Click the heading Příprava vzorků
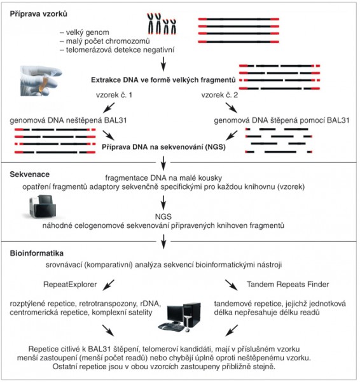pyautogui.click(x=38, y=14)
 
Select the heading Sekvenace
pyautogui.click(x=29, y=174)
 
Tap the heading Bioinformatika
pyautogui.click(x=36, y=253)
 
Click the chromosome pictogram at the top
pyautogui.click(x=162, y=24)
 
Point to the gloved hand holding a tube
pyautogui.click(x=41, y=81)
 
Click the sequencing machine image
pyautogui.click(x=43, y=206)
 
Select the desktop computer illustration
pyautogui.click(x=179, y=317)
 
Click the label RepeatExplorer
pyautogui.click(x=70, y=285)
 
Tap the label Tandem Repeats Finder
pyautogui.click(x=287, y=285)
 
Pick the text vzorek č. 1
pyautogui.click(x=114, y=95)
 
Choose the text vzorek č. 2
pyautogui.click(x=219, y=95)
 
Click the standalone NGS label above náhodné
pyautogui.click(x=163, y=216)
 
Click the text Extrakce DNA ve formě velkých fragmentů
pyautogui.click(x=163, y=80)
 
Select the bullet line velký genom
pyautogui.click(x=84, y=32)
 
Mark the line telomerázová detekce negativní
pyautogui.click(x=117, y=50)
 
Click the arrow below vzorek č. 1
pyautogui.click(x=109, y=108)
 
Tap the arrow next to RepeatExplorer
pyautogui.click(x=108, y=285)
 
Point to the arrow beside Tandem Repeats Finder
pyautogui.click(x=232, y=285)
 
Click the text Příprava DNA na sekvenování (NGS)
pyautogui.click(x=163, y=147)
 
